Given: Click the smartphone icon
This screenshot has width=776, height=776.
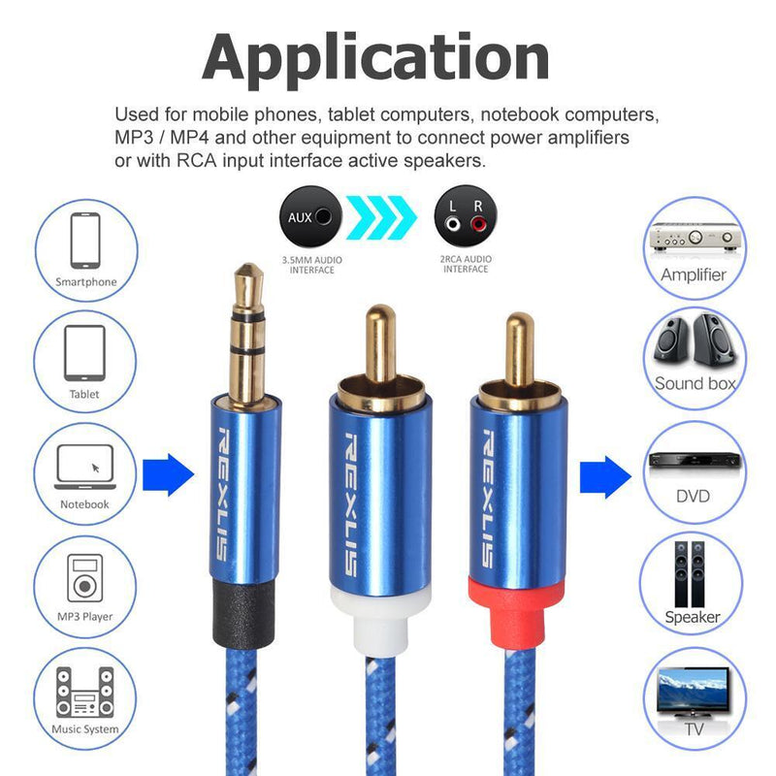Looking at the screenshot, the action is (85, 241).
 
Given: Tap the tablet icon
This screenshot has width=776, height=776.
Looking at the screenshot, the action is (84, 353).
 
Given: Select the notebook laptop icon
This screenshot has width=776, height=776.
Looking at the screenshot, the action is (85, 467).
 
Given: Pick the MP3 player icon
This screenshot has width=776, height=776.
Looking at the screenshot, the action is (85, 578).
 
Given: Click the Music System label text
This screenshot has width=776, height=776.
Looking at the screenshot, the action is (85, 729).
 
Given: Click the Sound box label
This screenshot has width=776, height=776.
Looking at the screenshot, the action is (695, 383).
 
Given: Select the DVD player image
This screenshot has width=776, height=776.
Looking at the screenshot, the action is (695, 460).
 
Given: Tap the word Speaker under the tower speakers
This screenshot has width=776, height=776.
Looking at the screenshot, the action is (693, 617).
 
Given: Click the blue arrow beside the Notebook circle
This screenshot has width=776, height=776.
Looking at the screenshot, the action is (168, 474).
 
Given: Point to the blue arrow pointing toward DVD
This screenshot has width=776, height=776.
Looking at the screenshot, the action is (605, 477).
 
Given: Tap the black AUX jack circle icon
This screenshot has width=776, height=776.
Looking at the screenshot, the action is (310, 216).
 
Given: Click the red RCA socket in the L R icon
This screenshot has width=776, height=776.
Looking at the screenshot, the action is (478, 225).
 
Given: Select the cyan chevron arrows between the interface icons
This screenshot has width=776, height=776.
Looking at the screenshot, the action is (381, 217).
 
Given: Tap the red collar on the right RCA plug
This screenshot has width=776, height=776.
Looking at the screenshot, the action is (516, 614).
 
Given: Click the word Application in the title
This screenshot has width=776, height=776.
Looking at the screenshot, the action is (375, 58).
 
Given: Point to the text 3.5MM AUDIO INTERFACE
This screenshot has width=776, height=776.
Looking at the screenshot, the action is (311, 265).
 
